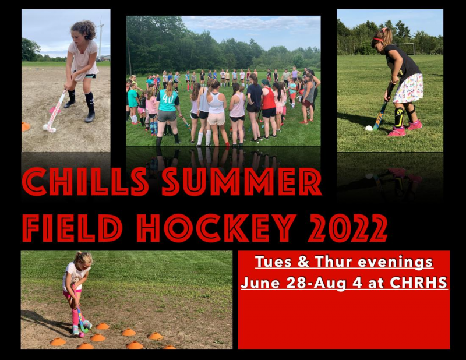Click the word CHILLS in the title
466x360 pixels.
86,182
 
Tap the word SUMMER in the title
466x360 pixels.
242,182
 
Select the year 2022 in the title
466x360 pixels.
348,228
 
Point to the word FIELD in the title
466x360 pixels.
72,228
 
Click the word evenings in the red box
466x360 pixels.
396,263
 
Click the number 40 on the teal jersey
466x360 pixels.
168,98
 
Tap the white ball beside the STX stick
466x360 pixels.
369,128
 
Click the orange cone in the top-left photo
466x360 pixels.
26,126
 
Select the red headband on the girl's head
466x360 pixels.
377,40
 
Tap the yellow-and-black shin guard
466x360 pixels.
399,118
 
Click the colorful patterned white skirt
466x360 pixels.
408,89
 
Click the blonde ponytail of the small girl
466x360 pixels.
78,257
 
